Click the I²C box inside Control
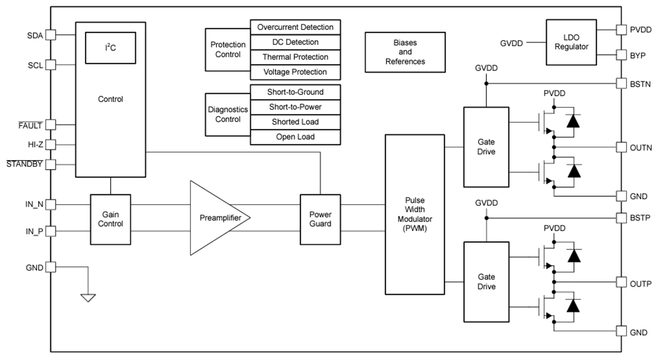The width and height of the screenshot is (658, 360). [x=111, y=48]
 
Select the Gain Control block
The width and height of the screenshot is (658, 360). [x=111, y=219]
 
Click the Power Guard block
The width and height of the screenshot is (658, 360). [x=320, y=219]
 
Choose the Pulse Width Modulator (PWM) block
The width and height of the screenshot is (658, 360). [x=415, y=214]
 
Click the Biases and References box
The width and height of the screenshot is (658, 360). [x=405, y=53]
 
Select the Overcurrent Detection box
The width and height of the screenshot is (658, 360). [x=295, y=28]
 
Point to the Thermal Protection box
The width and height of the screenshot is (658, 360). [x=295, y=57]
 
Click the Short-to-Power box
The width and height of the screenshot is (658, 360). [x=295, y=107]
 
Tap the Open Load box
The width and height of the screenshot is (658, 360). [x=295, y=137]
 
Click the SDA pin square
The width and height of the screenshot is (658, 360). [x=51, y=35]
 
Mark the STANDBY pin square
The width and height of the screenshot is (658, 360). [x=51, y=164]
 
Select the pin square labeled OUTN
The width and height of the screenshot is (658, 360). [x=620, y=147]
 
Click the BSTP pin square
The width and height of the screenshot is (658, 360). [x=620, y=218]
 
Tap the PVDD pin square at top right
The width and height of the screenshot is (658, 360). [x=620, y=29]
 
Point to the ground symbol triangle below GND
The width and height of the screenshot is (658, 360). [x=88, y=297]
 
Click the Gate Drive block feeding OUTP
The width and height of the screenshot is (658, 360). [x=486, y=282]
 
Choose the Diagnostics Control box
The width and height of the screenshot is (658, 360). [x=227, y=115]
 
